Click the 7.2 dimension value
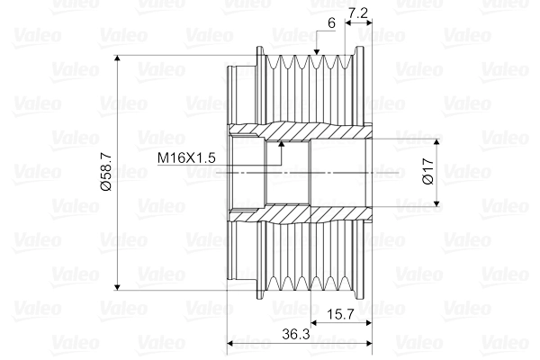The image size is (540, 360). coord(358,13)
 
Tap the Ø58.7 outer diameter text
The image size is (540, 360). coord(105,173)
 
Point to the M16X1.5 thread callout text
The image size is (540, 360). coord(186,157)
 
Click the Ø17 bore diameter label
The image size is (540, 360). coord(427,173)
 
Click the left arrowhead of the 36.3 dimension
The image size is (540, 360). coord(231,343)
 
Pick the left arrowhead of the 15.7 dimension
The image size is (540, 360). coord(314,322)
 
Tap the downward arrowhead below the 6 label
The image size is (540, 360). coord(319,55)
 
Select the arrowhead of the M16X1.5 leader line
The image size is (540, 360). coord(282,143)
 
